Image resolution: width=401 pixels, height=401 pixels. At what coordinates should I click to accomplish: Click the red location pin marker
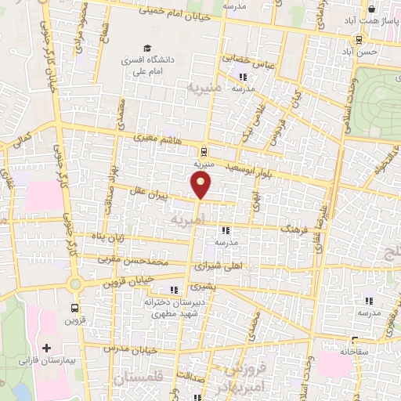202,186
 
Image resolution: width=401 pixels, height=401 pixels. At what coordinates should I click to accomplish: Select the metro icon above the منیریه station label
204,151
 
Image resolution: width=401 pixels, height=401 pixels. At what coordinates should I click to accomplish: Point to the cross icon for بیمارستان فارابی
46,347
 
